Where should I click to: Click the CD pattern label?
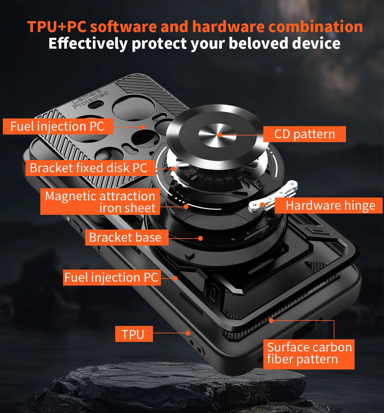tap(304, 134)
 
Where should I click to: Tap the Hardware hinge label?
tap(330, 206)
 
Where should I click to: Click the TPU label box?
tap(134, 334)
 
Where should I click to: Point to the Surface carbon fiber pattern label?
tap(309, 354)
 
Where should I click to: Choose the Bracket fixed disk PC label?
tap(89, 168)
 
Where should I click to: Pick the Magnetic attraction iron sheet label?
tap(100, 202)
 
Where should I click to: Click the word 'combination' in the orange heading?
tap(316, 27)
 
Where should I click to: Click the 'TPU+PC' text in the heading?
tap(57, 27)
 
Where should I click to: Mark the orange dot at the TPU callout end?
tap(188, 333)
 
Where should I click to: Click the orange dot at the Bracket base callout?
tap(200, 238)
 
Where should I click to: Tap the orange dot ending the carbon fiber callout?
tap(271, 320)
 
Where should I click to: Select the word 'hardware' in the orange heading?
tap(228, 27)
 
